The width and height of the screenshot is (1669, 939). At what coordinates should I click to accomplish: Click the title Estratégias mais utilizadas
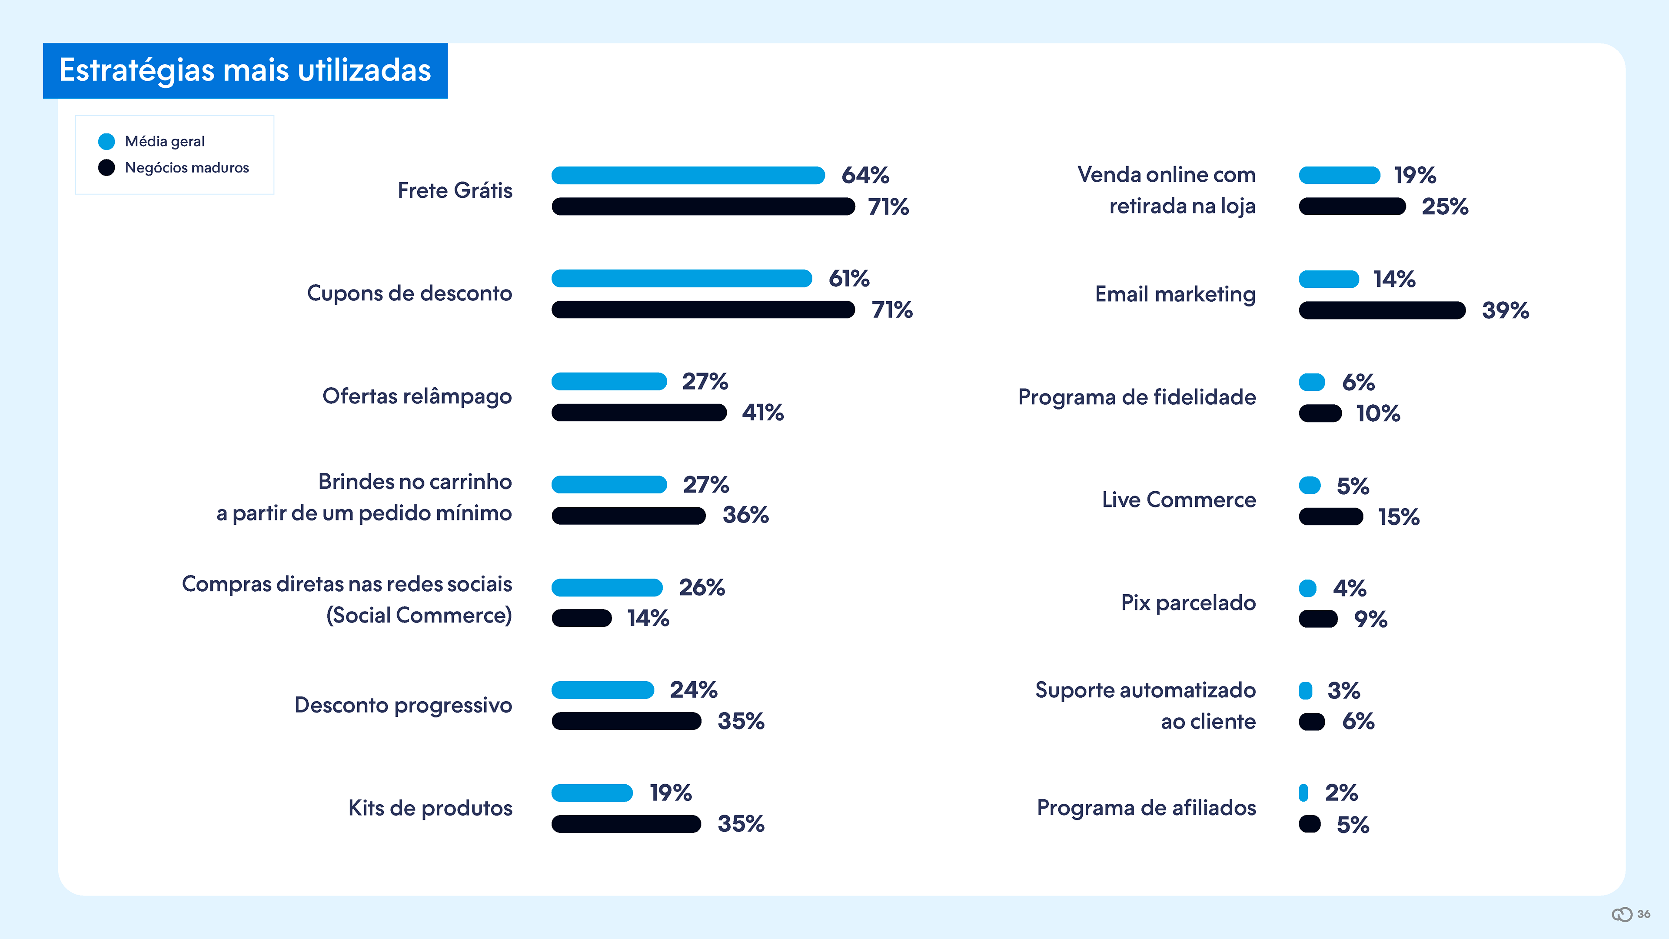tap(245, 70)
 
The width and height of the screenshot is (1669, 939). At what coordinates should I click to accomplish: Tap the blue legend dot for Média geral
tap(106, 141)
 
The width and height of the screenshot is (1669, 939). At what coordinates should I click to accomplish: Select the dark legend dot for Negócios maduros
tap(106, 168)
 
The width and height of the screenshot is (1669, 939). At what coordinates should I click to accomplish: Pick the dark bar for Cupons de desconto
tap(703, 310)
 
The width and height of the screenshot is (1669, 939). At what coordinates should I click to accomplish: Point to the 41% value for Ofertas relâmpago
tap(763, 413)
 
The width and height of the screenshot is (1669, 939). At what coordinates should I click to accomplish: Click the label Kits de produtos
tap(430, 808)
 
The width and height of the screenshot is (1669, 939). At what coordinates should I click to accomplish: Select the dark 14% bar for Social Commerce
tap(581, 618)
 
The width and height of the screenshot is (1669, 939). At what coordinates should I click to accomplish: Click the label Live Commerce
tap(1179, 499)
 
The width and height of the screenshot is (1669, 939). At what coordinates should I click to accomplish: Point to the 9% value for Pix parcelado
tap(1370, 619)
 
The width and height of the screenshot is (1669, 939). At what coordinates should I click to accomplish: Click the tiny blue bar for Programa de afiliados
tap(1303, 792)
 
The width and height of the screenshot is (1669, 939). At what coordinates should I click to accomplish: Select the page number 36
tap(1643, 914)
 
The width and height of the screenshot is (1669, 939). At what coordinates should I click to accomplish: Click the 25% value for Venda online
tap(1444, 207)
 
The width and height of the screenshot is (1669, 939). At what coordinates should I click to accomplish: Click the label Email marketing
tap(1175, 294)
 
